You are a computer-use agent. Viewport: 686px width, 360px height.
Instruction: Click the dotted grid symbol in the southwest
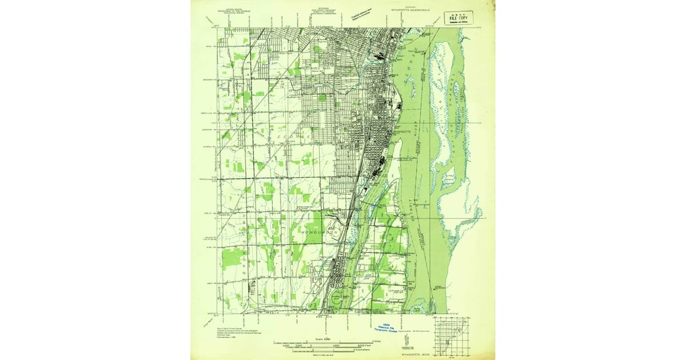(x=252, y=291)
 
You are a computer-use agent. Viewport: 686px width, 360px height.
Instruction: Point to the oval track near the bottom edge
(x=337, y=298)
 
